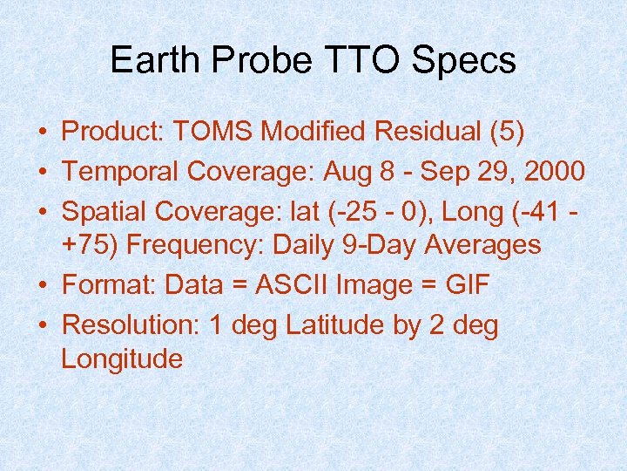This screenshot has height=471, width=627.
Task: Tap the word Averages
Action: [x=483, y=246]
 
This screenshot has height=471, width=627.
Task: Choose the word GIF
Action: [x=468, y=285]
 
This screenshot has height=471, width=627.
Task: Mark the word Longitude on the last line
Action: [x=122, y=358]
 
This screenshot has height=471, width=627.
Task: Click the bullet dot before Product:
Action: [x=42, y=133]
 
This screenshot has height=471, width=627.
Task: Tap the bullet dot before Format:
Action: [x=42, y=286]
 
